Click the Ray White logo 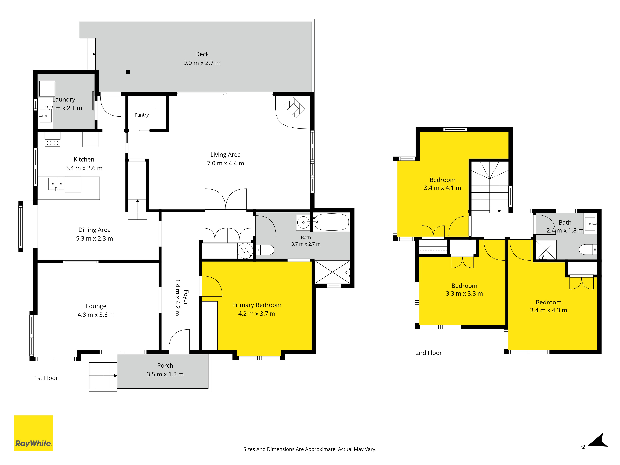[x=33, y=433]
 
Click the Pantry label [x=142, y=115]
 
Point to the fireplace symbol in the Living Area [x=294, y=107]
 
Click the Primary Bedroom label [x=257, y=305]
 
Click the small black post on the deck [x=128, y=72]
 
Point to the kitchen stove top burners [x=52, y=143]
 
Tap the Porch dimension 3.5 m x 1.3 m [x=165, y=374]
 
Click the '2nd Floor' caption [x=429, y=353]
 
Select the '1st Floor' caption [x=46, y=378]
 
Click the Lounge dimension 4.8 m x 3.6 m [x=96, y=315]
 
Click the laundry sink [x=45, y=116]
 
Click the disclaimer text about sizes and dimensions [x=310, y=449]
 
